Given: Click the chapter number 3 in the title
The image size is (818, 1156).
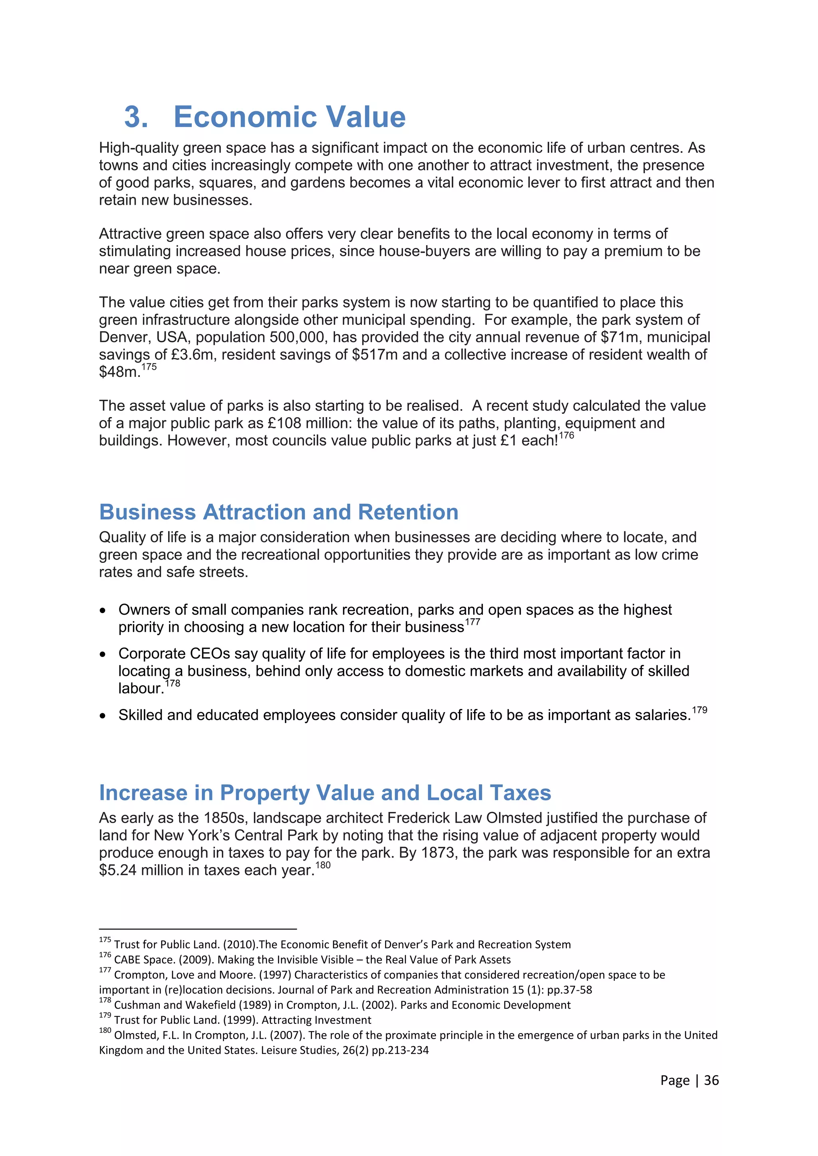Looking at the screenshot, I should pyautogui.click(x=135, y=117).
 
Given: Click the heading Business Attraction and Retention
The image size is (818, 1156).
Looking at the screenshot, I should pyautogui.click(x=278, y=512).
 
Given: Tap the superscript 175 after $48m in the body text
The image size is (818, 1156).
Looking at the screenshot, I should pyautogui.click(x=149, y=367).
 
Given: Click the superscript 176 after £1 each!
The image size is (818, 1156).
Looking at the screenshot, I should pyautogui.click(x=567, y=435).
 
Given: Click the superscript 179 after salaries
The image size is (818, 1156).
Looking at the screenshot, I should pyautogui.click(x=700, y=710).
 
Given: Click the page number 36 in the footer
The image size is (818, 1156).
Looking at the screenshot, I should pyautogui.click(x=711, y=1081).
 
